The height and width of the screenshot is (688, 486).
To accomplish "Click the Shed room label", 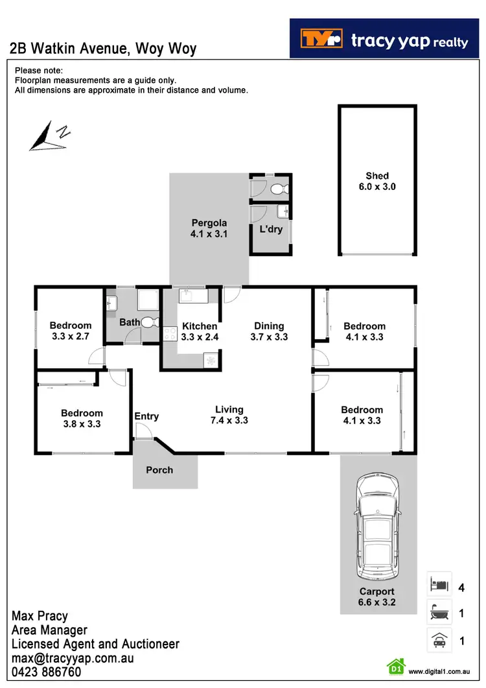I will pos(377,176).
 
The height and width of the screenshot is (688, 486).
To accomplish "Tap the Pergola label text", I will pos(209,223).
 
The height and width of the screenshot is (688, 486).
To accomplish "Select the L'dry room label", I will pos(271,229).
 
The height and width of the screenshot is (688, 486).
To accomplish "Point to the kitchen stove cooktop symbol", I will pos(170,334).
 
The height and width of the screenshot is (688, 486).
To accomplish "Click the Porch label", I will pos(159,469).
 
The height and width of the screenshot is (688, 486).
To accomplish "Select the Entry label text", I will pos(146,416).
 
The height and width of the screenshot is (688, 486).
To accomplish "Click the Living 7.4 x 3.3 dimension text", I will pos(229,420).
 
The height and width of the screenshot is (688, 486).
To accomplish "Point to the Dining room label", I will pos(269,326).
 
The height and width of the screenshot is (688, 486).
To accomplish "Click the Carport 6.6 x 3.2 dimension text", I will pos(378,602).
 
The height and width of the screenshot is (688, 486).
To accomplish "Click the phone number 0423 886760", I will pos(47,672).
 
